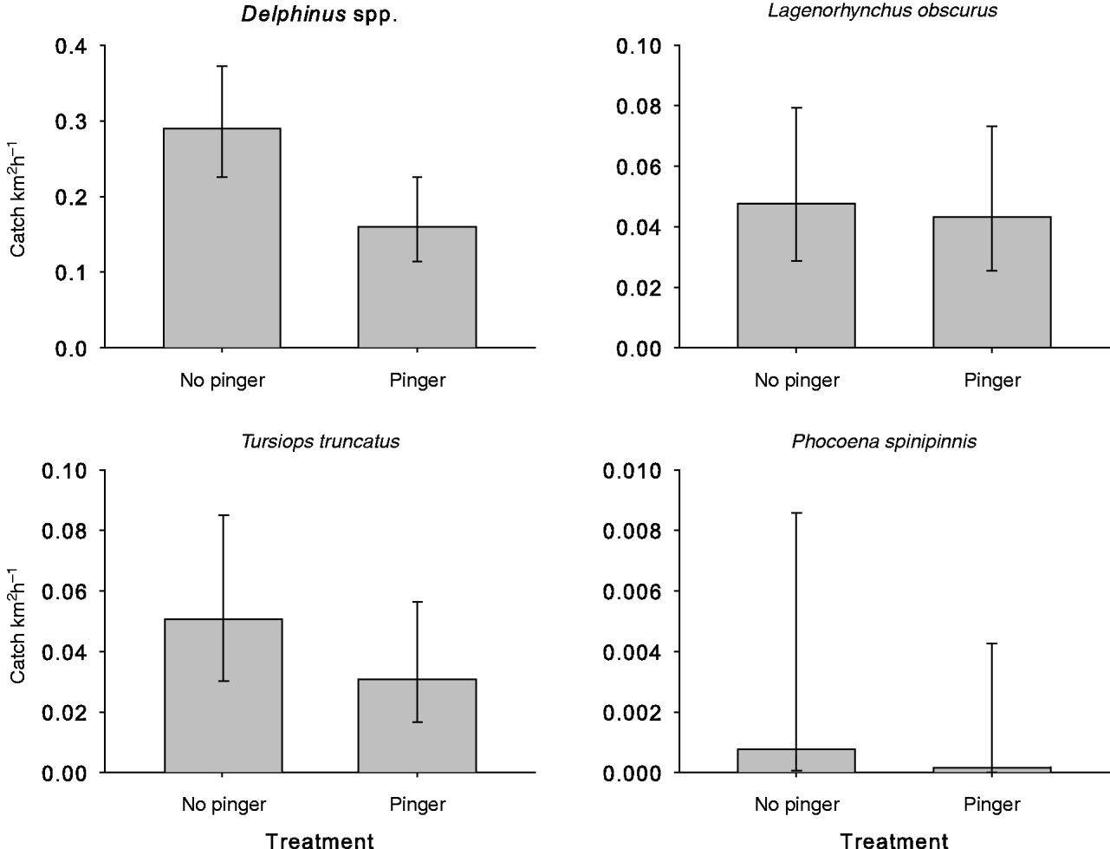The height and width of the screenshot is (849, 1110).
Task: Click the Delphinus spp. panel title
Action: pyautogui.click(x=319, y=16)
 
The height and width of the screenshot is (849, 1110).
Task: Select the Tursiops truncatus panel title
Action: pyautogui.click(x=320, y=441)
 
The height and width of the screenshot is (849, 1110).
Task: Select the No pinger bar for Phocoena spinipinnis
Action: pyautogui.click(x=796, y=761)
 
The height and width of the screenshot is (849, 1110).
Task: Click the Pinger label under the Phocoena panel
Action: pyautogui.click(x=992, y=805)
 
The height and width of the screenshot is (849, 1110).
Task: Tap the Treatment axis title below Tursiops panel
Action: pyautogui.click(x=320, y=839)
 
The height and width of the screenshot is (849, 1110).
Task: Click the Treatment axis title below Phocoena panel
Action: pyautogui.click(x=894, y=839)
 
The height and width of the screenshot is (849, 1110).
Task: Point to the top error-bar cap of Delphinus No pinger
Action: pyautogui.click(x=222, y=66)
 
